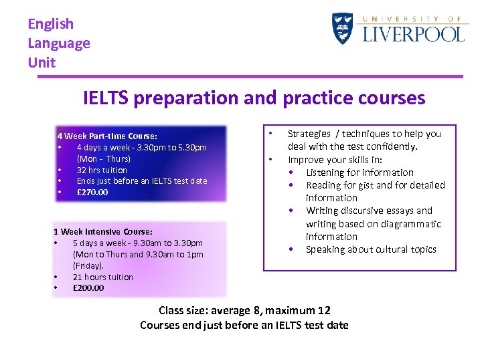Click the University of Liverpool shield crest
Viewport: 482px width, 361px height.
(x=342, y=29)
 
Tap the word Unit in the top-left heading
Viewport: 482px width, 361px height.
(x=42, y=63)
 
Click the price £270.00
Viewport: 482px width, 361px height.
(x=92, y=193)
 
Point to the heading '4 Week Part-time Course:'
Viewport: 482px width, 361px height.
(x=107, y=136)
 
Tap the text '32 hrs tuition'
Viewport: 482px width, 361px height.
(x=102, y=170)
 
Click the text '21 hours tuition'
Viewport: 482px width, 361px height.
(x=103, y=277)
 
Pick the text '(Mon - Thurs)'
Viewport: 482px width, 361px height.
(x=104, y=158)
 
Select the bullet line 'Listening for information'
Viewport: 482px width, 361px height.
(x=359, y=172)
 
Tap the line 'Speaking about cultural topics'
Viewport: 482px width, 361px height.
(x=371, y=249)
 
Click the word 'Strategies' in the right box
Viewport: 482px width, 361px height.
(x=309, y=134)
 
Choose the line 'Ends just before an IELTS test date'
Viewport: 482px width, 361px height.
(x=142, y=181)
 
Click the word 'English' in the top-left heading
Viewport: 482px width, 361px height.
(x=51, y=24)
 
